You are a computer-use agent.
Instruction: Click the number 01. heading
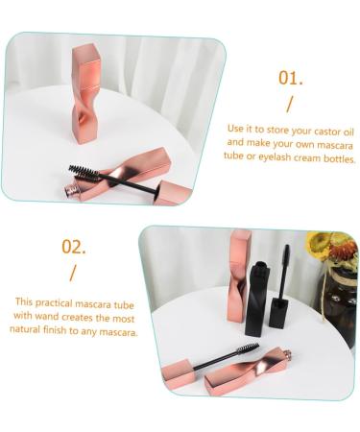coord(290,78)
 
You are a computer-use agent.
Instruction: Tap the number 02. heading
coord(75,246)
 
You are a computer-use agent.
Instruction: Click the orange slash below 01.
coord(289,105)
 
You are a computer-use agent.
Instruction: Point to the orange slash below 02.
coord(73,273)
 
